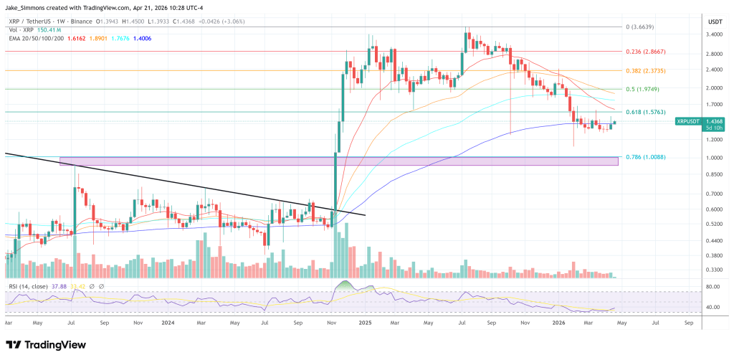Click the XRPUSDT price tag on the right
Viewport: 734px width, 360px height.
(x=689, y=122)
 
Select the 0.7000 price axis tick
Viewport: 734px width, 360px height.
(x=713, y=194)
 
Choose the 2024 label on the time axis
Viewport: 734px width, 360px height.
(x=168, y=323)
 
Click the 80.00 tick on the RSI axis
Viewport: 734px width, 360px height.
(x=713, y=287)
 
